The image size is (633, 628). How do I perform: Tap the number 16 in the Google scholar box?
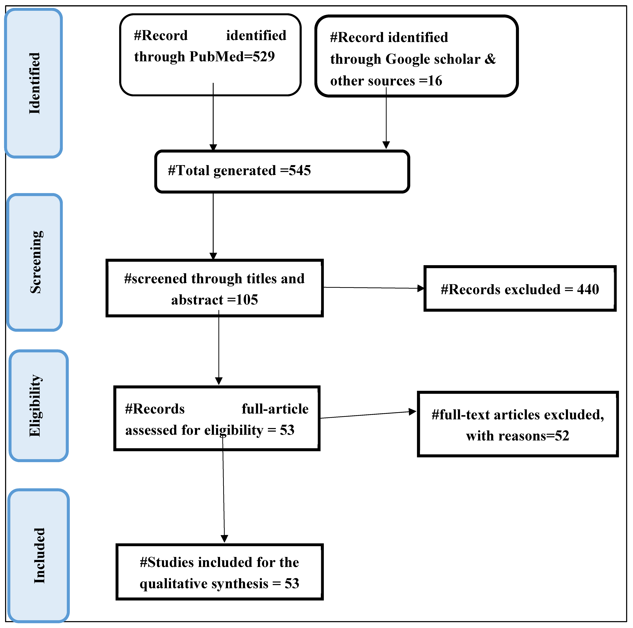click(435, 81)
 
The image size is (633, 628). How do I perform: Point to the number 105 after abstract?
click(247, 300)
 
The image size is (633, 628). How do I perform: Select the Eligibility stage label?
click(35, 406)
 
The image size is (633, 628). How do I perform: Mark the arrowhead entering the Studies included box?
click(224, 539)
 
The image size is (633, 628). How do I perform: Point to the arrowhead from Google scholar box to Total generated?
click(386, 145)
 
